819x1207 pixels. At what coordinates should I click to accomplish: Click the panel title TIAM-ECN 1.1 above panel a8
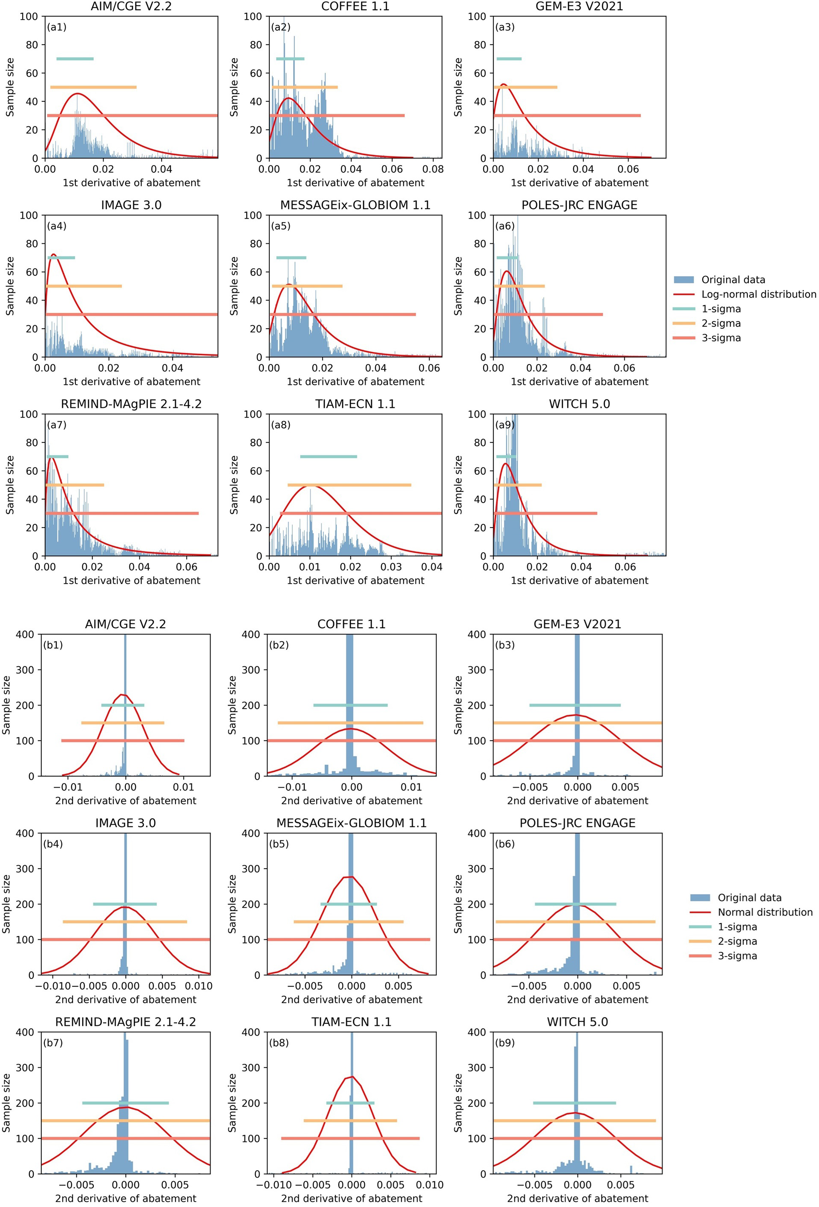click(355, 404)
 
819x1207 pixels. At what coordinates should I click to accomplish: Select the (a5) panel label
click(280, 226)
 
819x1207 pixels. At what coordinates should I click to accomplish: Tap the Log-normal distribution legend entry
click(758, 295)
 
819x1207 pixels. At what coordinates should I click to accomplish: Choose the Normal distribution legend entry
click(764, 912)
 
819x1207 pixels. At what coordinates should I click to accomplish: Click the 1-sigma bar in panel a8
click(328, 456)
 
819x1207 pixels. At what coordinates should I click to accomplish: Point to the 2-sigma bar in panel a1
click(93, 87)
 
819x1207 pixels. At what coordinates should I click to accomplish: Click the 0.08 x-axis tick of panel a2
click(433, 169)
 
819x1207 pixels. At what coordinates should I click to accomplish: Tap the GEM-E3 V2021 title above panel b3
click(577, 624)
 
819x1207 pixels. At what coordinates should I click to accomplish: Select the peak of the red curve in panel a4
click(53, 254)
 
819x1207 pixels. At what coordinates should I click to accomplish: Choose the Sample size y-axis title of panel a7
click(10, 485)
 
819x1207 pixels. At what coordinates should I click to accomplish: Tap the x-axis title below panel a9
click(579, 580)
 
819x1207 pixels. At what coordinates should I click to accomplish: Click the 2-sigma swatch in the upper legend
click(683, 323)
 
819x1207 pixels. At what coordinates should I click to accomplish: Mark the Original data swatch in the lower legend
click(700, 898)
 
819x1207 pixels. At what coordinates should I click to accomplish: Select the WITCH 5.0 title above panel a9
click(579, 404)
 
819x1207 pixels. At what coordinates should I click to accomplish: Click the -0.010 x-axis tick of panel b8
click(270, 1185)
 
